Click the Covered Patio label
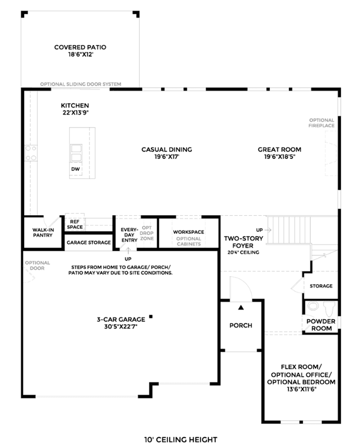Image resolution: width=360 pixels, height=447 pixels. coord(80,51)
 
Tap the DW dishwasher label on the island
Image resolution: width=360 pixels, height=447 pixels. coord(75,169)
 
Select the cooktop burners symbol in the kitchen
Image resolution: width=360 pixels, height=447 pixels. coord(31,153)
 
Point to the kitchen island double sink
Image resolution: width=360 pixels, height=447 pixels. coord(76,153)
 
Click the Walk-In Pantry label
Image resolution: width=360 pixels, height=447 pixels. coord(43,232)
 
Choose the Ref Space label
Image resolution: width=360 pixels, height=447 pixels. coord(75,224)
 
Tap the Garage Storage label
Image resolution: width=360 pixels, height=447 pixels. coord(88,242)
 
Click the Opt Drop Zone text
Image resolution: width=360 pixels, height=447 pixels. coord(147,233)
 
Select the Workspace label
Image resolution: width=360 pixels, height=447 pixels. coord(188,232)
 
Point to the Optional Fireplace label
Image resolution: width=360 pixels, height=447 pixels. coord(322,123)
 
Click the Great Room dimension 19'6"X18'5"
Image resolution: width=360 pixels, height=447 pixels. coord(279,157)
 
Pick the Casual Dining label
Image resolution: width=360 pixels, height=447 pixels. coord(167,149)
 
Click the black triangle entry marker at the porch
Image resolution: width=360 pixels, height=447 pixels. coord(241,307)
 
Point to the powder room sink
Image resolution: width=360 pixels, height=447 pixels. coord(313,306)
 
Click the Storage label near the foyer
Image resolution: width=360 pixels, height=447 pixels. coord(321,286)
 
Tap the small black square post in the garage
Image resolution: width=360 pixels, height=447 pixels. coord(151,316)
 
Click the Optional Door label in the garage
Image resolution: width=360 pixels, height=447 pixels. coord(37,265)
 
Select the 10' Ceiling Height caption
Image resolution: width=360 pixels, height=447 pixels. coord(181,440)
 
